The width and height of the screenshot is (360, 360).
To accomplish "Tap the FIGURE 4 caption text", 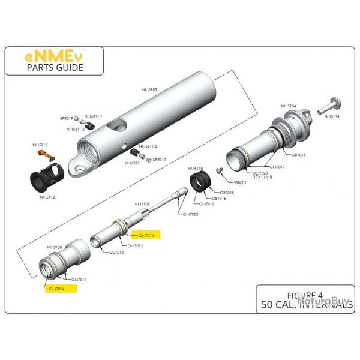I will pos(304,294).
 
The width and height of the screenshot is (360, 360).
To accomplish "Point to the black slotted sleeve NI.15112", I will pos(44,178).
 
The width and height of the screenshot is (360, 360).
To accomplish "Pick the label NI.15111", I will pos(40,145).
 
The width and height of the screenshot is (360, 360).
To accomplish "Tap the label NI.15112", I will pos(47,196).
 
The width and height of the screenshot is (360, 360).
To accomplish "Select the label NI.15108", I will pos(55,247).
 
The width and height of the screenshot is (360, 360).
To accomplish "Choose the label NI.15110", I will pos(196,169).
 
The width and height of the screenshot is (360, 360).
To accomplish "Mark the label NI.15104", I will pos(289,106).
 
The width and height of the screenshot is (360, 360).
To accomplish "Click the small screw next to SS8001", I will pos(220,171).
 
